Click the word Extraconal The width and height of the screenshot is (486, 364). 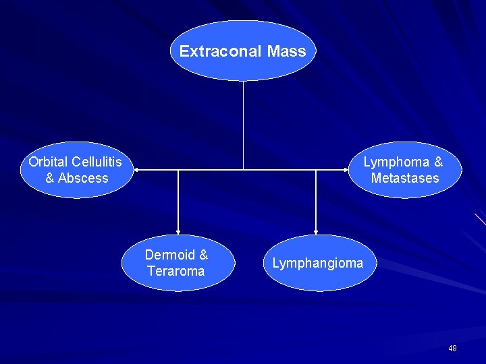(x=221, y=51)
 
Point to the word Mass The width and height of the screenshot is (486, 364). (x=286, y=51)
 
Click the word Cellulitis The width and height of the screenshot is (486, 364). (x=97, y=162)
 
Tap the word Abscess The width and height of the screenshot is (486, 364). (x=83, y=179)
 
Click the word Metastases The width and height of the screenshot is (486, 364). (x=404, y=179)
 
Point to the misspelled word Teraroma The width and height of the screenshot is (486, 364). (x=175, y=271)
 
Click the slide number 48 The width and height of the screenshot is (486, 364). (x=452, y=348)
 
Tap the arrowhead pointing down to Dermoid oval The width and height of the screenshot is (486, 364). (x=178, y=231)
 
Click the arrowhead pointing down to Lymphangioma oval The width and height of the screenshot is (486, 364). (x=316, y=231)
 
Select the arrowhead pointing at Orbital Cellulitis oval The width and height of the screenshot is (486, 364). (x=135, y=170)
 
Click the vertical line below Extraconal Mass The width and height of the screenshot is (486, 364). (x=243, y=125)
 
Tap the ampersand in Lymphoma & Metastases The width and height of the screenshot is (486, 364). (x=439, y=162)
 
